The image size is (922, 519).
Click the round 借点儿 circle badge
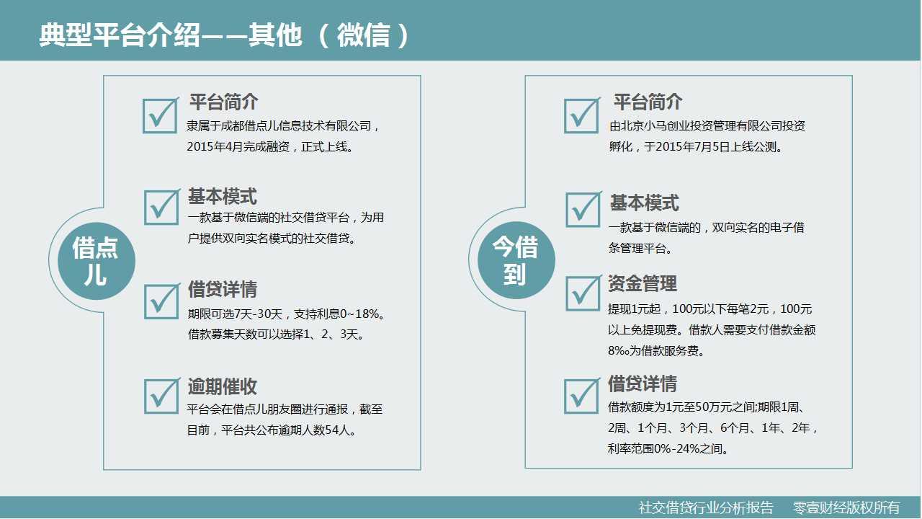(97, 261)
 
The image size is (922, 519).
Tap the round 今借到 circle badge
(516, 260)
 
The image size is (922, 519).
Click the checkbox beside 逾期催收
(161, 396)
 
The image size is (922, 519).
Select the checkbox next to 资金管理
(583, 293)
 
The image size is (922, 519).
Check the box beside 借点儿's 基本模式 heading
(161, 207)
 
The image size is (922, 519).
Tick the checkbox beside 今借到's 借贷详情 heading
(581, 396)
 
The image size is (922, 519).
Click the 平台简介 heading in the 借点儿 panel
(223, 102)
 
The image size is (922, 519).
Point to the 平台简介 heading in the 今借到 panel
(648, 102)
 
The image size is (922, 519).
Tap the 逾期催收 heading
(223, 386)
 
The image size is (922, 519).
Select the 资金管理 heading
(643, 283)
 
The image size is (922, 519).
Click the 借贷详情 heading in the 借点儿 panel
(223, 289)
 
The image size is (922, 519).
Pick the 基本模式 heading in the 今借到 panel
(644, 203)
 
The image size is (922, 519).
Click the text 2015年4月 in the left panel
(215, 146)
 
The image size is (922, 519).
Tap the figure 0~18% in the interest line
(359, 314)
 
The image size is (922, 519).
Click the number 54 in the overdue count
(331, 430)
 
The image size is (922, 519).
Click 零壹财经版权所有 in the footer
(846, 507)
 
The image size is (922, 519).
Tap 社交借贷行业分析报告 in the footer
(706, 507)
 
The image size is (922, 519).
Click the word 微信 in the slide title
(364, 35)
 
